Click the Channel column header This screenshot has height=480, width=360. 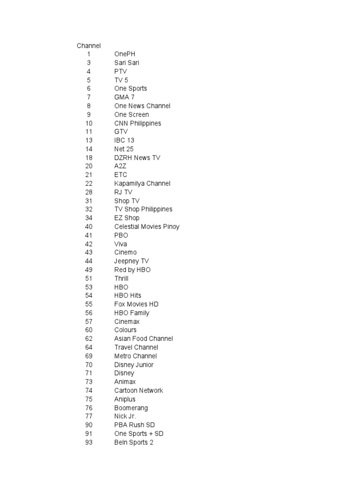[x=89, y=45]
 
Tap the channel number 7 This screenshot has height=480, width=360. [x=89, y=97]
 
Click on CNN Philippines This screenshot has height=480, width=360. [x=137, y=123]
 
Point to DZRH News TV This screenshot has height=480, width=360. [x=137, y=157]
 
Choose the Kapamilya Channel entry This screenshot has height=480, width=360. [x=142, y=183]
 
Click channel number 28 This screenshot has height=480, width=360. [x=89, y=192]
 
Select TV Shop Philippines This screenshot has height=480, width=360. [x=143, y=209]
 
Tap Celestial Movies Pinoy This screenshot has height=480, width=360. [x=147, y=226]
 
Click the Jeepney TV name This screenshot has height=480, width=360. [x=131, y=261]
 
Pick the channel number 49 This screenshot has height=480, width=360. [x=89, y=270]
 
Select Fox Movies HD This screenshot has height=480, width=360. [x=136, y=304]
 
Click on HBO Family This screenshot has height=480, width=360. [x=132, y=313]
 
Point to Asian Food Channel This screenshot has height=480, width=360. [x=143, y=338]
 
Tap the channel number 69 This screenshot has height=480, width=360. [x=89, y=356]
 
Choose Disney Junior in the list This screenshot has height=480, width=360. [x=134, y=365]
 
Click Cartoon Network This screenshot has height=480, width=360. [x=138, y=390]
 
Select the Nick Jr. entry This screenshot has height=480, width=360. [x=125, y=416]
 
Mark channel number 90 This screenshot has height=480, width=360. [x=89, y=425]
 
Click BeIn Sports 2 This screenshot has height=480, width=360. [x=134, y=442]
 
